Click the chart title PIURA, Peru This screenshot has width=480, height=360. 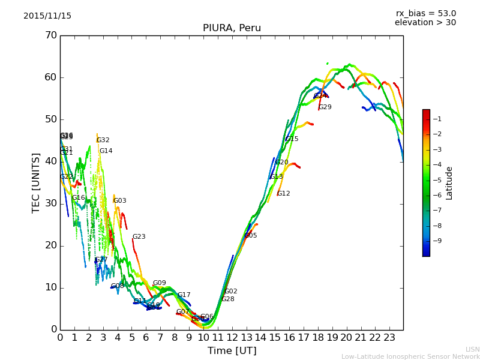(232, 28)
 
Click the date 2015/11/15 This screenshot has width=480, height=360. (47, 16)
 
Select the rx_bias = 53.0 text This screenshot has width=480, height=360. (425, 13)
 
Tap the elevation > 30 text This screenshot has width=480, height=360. (425, 23)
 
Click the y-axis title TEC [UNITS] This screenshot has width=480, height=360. (36, 182)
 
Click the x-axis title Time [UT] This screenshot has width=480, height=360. (232, 351)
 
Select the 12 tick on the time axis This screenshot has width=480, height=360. (232, 337)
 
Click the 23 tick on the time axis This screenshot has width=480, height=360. (389, 337)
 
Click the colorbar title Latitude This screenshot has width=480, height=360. (449, 183)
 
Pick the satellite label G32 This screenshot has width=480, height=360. (103, 140)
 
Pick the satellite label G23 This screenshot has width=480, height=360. (139, 237)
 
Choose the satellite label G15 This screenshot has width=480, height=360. (292, 139)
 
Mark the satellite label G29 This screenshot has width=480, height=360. (325, 107)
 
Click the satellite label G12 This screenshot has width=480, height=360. (283, 194)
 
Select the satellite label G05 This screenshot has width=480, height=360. (250, 236)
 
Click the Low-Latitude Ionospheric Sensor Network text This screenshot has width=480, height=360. (410, 357)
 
